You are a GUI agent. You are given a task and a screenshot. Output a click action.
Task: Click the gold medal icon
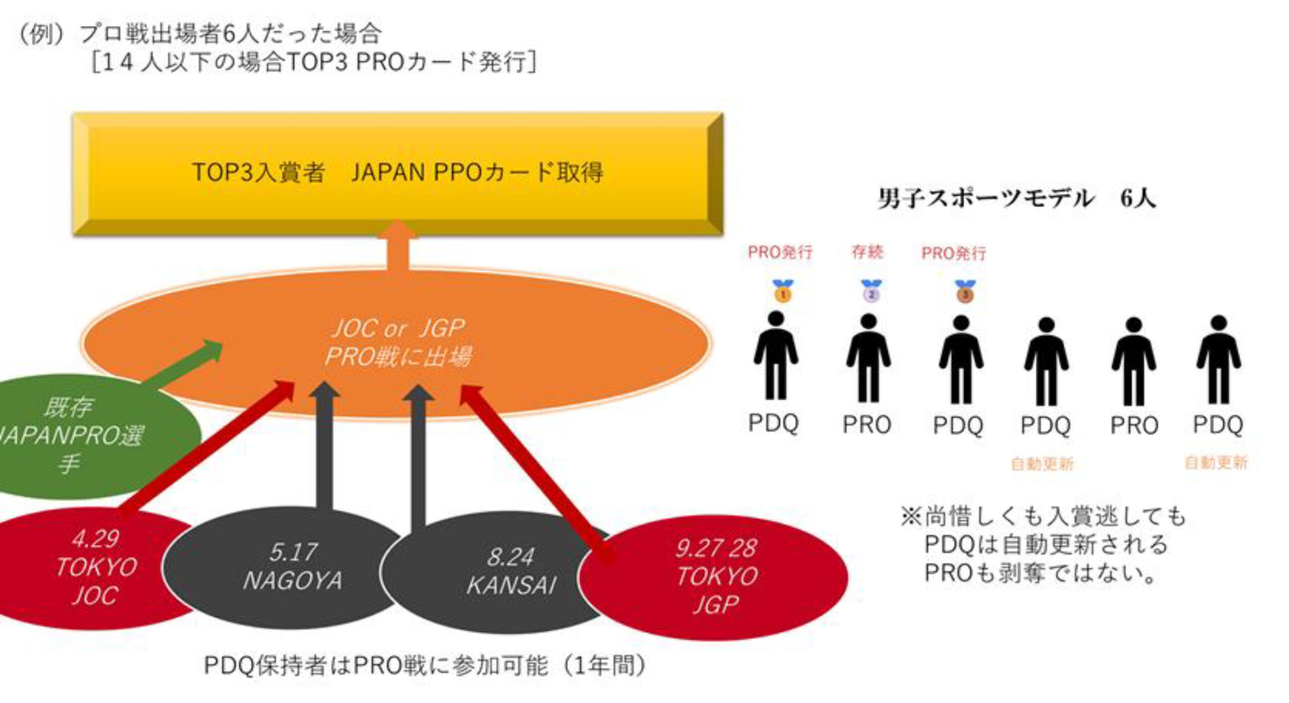[782, 292]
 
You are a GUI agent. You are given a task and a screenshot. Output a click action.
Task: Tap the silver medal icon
[871, 292]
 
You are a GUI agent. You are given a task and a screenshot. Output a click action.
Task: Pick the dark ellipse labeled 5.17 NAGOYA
[292, 566]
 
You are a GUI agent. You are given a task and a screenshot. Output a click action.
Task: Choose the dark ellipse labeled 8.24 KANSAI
[511, 571]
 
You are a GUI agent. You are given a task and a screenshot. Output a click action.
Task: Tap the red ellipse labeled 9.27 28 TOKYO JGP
[715, 576]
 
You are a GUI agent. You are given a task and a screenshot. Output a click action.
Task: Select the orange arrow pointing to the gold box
[398, 247]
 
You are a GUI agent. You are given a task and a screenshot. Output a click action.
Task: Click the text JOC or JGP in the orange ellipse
[398, 329]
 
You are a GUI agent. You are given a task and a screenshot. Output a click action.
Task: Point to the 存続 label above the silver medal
[867, 252]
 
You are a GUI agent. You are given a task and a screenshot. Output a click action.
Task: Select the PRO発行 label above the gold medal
[780, 252]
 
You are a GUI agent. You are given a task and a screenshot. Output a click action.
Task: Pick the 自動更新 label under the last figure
[1216, 462]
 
